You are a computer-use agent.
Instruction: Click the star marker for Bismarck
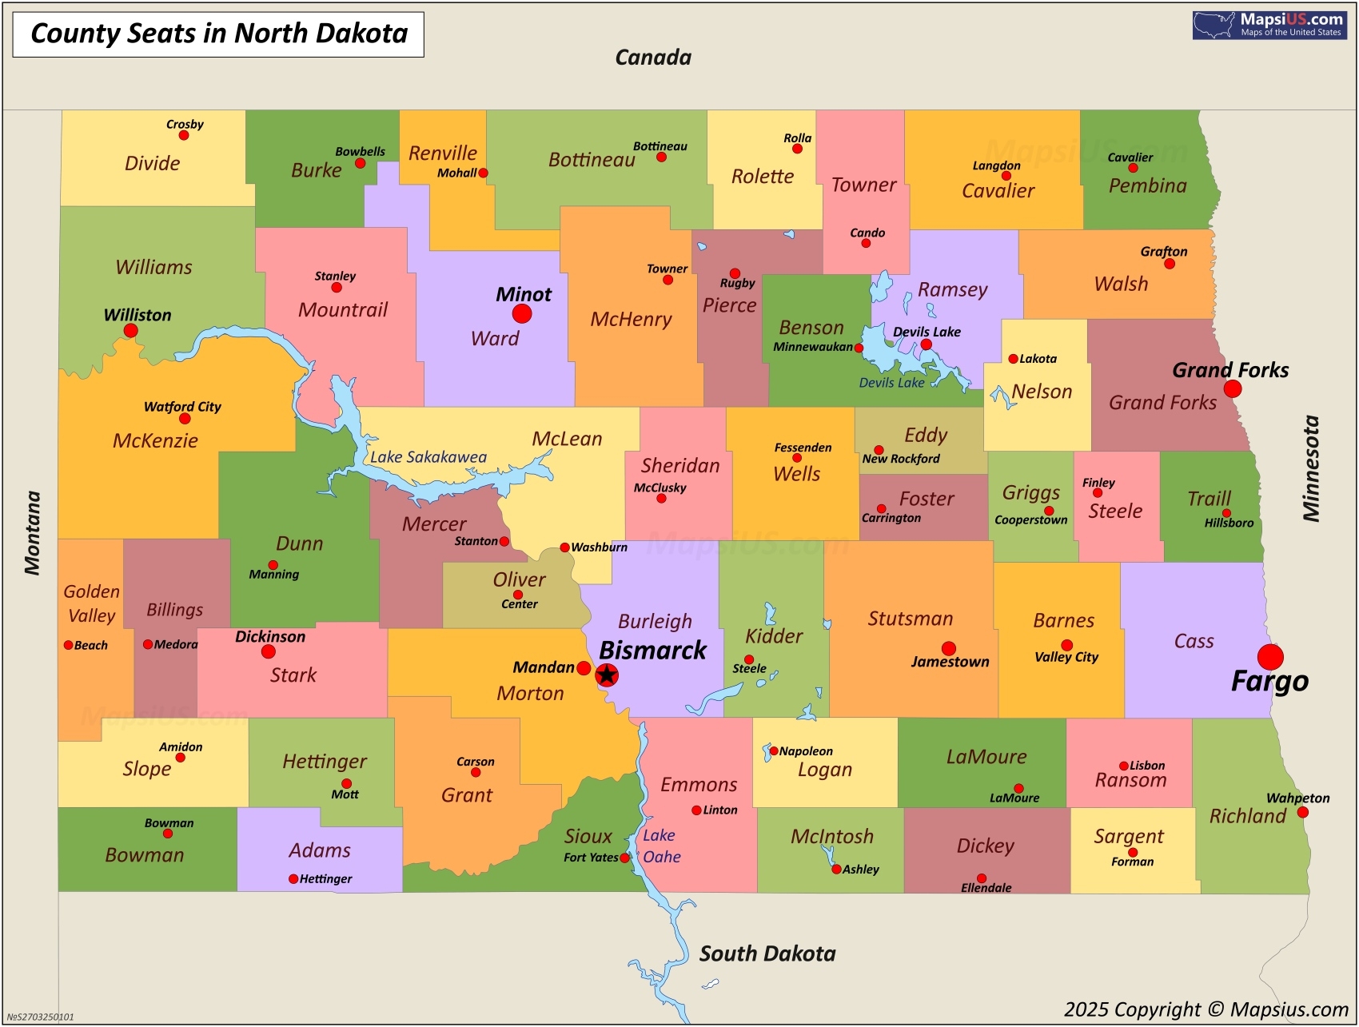pyautogui.click(x=607, y=675)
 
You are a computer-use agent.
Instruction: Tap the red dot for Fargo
pyautogui.click(x=1269, y=657)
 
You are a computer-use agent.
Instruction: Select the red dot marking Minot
pyautogui.click(x=522, y=313)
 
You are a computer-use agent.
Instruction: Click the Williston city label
pyautogui.click(x=137, y=315)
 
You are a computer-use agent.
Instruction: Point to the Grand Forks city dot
pyautogui.click(x=1233, y=389)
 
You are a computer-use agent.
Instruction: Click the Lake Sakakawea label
pyautogui.click(x=428, y=457)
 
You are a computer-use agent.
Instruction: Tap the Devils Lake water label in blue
pyautogui.click(x=891, y=383)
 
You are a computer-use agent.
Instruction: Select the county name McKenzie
pyautogui.click(x=155, y=440)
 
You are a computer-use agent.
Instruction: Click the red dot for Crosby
pyautogui.click(x=184, y=135)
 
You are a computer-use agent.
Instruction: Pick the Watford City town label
pyautogui.click(x=182, y=406)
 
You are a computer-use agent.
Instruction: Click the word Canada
pyautogui.click(x=653, y=58)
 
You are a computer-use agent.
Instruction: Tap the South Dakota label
pyautogui.click(x=767, y=953)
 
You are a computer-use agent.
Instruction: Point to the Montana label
pyautogui.click(x=32, y=533)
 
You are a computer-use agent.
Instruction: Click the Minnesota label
pyautogui.click(x=1311, y=468)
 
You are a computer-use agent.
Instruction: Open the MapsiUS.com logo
pyautogui.click(x=1269, y=25)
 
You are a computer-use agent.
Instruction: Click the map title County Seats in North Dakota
pyautogui.click(x=218, y=34)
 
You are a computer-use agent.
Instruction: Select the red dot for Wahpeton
pyautogui.click(x=1302, y=812)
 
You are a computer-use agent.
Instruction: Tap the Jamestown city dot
pyautogui.click(x=949, y=648)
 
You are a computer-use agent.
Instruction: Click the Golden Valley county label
pyautogui.click(x=92, y=603)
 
